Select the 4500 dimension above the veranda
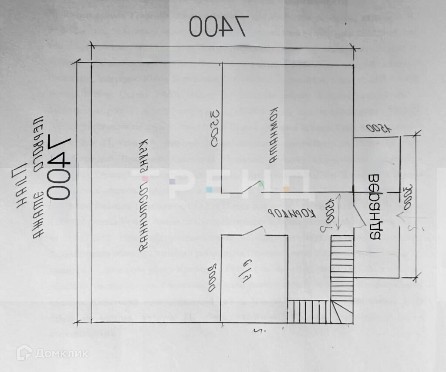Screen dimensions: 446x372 378,129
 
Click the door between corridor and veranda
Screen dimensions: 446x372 358,214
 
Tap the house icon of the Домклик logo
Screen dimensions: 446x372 24,352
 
